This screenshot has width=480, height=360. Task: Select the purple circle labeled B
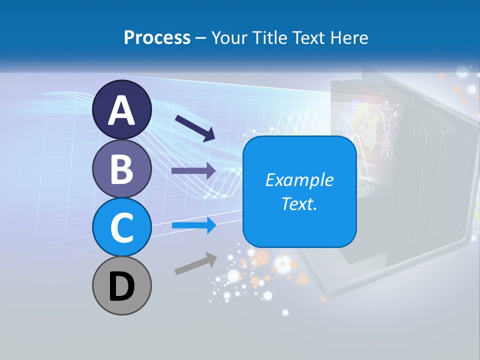click(121, 168)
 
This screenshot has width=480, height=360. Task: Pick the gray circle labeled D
click(121, 285)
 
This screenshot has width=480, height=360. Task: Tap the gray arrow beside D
click(195, 263)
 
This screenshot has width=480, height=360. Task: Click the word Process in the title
click(157, 38)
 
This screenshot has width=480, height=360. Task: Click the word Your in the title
click(230, 38)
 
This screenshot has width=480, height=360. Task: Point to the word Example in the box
click(299, 180)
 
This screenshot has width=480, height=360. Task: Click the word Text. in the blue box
click(299, 203)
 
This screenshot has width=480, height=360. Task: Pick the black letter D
click(121, 286)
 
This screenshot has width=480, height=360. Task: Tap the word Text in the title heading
click(307, 38)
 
